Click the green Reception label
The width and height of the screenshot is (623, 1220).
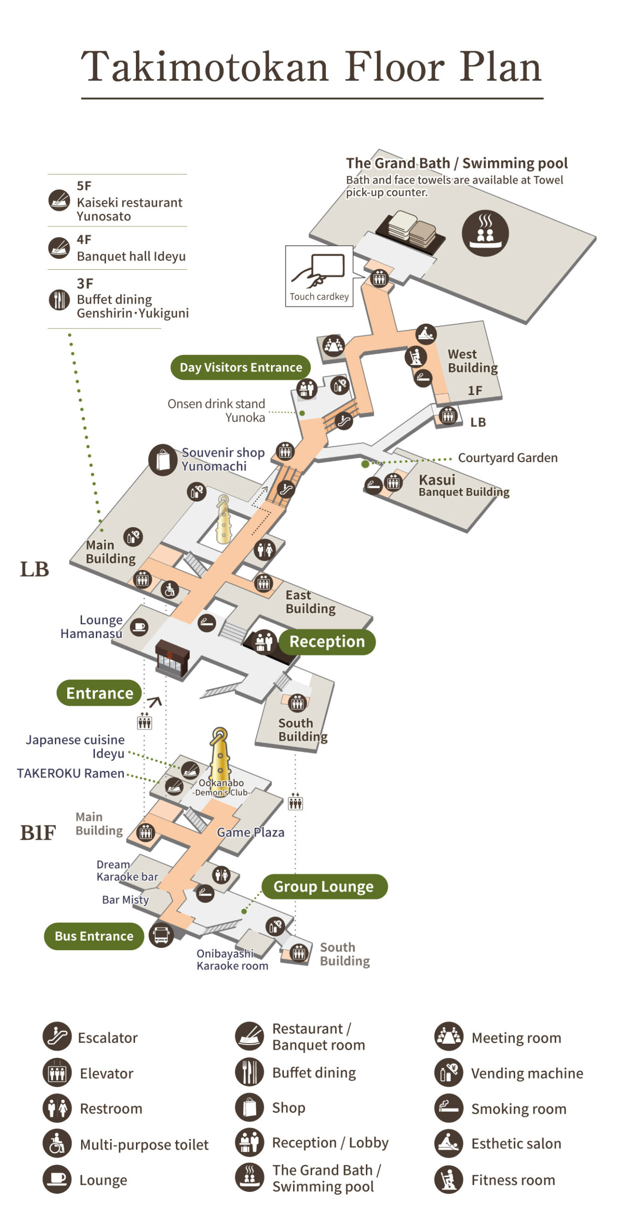click(x=327, y=641)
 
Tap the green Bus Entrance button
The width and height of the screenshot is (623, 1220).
click(x=94, y=936)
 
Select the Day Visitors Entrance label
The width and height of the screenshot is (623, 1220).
click(x=240, y=367)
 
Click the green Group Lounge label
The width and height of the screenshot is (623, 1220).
click(x=324, y=886)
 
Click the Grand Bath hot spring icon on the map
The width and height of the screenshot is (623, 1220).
click(x=485, y=234)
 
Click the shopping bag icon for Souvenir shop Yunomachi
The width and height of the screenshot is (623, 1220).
click(x=163, y=460)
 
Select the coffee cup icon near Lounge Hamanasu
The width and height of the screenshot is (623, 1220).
click(x=139, y=626)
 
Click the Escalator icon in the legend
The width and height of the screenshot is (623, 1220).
click(x=57, y=1037)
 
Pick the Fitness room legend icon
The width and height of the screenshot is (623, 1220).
click(x=448, y=1179)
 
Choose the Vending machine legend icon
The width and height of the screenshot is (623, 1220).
click(x=448, y=1073)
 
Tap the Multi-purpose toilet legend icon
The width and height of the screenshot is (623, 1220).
click(x=57, y=1144)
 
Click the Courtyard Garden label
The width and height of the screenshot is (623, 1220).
click(x=508, y=458)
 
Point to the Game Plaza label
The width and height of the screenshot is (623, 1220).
click(x=250, y=832)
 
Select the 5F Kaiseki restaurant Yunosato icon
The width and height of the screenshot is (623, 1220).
click(x=59, y=200)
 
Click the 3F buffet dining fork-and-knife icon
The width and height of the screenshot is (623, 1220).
click(x=59, y=300)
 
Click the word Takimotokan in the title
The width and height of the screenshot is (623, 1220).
click(x=205, y=67)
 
